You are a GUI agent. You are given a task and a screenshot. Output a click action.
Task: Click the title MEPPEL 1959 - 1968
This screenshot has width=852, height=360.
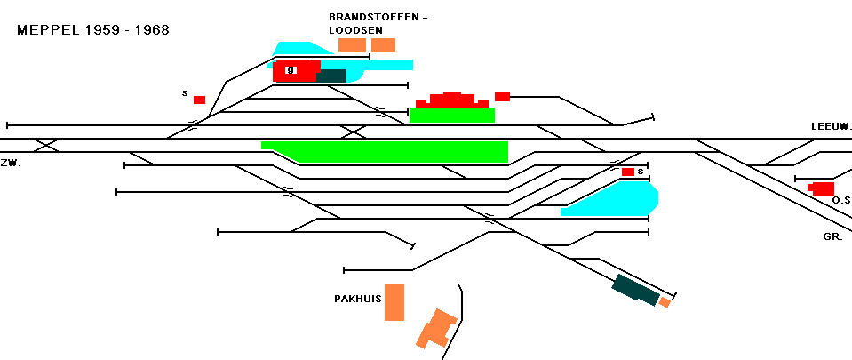[x=93, y=30]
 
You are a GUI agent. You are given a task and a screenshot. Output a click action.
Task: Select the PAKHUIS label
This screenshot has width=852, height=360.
[x=357, y=299]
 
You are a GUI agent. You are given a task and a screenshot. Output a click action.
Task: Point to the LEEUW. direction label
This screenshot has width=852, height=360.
[x=831, y=127]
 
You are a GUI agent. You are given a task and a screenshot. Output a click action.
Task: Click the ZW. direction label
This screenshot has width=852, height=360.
[x=11, y=164]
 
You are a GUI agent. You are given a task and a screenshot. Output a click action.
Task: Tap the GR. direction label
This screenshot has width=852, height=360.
[x=832, y=237]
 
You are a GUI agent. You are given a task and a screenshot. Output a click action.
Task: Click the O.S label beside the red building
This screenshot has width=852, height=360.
[x=841, y=201]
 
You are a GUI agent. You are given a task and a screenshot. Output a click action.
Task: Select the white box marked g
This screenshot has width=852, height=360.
[x=291, y=69]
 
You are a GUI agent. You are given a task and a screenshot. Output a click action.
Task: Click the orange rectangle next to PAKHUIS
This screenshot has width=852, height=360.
[x=394, y=302]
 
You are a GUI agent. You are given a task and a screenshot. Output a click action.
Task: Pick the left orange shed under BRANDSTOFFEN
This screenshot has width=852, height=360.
[x=352, y=44]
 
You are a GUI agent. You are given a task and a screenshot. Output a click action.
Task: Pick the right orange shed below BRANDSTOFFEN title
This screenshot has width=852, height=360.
[x=383, y=44]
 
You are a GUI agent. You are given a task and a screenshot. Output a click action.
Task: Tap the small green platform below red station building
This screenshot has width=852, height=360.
[x=452, y=115]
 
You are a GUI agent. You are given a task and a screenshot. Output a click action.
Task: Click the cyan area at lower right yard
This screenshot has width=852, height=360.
[x=611, y=199]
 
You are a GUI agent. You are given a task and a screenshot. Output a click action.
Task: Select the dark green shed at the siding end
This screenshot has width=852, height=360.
[x=636, y=290]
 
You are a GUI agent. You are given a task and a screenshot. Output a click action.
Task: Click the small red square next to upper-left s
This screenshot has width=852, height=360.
[x=199, y=100]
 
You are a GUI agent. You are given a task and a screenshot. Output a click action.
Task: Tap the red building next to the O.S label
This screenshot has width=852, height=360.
[x=822, y=188]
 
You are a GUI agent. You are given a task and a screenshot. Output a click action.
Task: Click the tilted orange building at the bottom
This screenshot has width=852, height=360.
[x=436, y=329]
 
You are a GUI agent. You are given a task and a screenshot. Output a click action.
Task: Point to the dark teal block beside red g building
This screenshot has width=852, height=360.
[x=331, y=76]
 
